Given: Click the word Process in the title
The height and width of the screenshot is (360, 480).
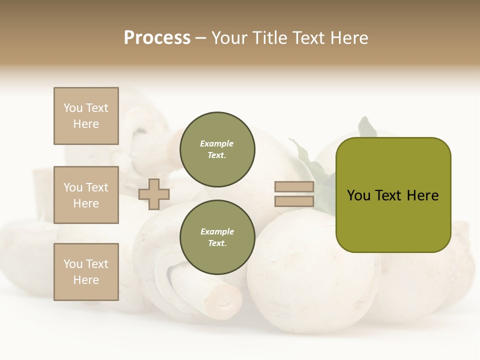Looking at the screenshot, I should (157, 38).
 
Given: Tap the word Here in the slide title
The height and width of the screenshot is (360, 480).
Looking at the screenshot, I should (348, 38).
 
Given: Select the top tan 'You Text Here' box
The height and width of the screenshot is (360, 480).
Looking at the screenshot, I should (86, 116).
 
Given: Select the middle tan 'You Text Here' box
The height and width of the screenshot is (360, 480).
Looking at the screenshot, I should (86, 195).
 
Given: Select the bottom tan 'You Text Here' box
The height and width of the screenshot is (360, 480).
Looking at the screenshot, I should (86, 272).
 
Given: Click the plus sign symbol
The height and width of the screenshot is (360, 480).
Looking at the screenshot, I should (154, 194).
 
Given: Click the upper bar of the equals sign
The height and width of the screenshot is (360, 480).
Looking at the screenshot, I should (294, 187).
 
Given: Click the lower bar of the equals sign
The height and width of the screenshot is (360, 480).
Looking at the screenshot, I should (294, 201).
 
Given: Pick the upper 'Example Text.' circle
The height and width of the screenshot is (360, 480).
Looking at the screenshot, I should (217, 149).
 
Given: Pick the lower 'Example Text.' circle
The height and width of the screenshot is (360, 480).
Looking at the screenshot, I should (217, 237).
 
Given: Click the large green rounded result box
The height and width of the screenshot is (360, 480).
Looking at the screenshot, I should (393, 220).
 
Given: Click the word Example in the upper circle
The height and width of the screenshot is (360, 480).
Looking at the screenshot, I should (217, 144).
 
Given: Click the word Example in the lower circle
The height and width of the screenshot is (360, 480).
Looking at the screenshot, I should (217, 232).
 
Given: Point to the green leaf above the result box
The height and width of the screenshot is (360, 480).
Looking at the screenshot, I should (367, 128).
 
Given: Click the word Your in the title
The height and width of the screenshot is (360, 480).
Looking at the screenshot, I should (229, 38).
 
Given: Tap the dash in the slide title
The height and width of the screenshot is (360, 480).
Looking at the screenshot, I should (201, 38).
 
